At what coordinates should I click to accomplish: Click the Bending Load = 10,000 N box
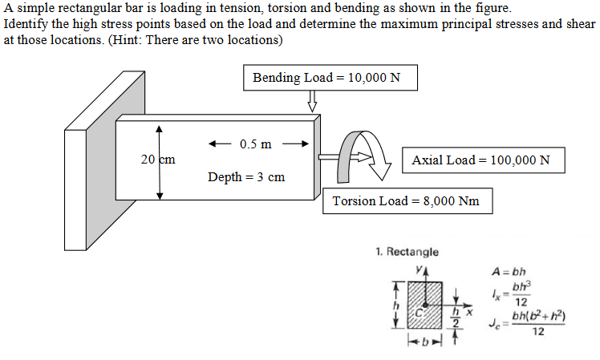coord(330,78)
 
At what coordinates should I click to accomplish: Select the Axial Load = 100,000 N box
coord(481,160)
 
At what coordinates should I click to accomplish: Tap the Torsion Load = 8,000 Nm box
coord(406,200)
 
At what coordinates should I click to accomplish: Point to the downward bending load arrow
coord(313,102)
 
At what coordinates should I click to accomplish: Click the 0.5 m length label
coord(255,144)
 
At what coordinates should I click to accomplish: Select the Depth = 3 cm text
coord(245,176)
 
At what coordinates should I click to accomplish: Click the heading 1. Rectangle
coord(407,252)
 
